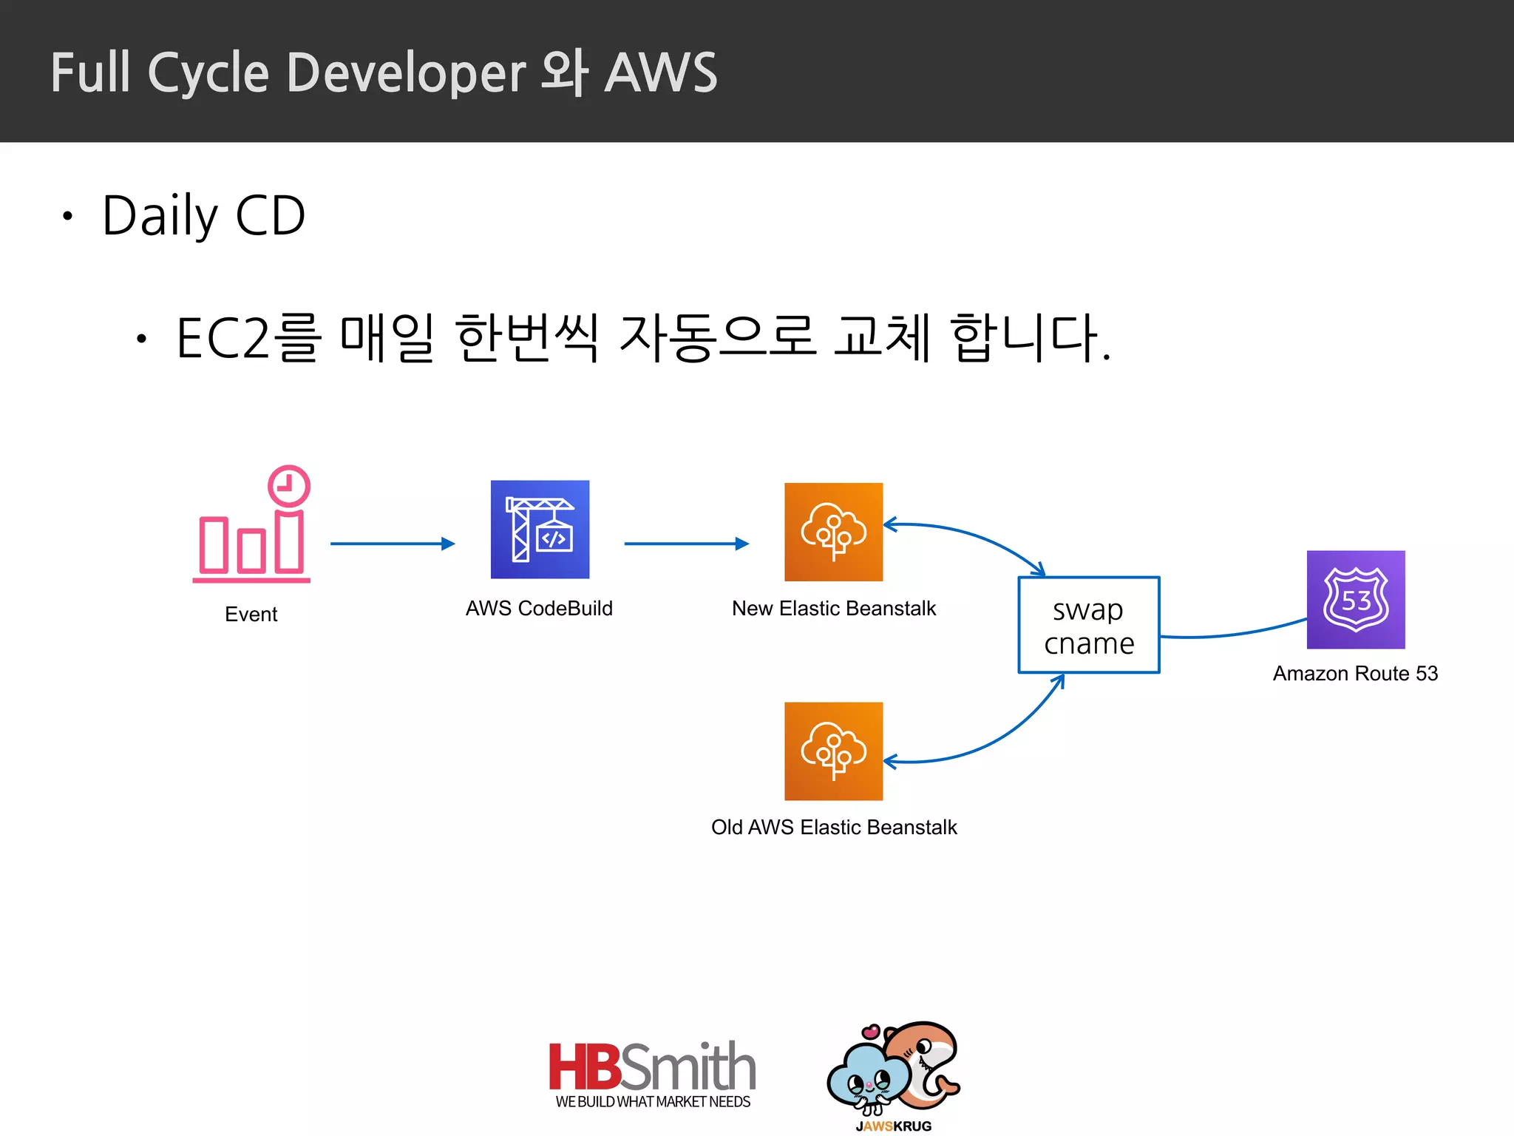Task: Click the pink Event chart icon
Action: tap(251, 544)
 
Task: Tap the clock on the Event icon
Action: tap(288, 486)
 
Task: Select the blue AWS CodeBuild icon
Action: tap(540, 530)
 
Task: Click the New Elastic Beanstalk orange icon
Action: tap(833, 532)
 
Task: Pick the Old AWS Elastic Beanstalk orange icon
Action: tap(833, 751)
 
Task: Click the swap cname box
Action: tap(1088, 625)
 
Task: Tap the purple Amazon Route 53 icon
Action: tap(1355, 600)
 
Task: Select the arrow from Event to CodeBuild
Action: tap(392, 544)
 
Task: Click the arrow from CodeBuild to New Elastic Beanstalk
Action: tap(686, 544)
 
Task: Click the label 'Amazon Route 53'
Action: tap(1355, 674)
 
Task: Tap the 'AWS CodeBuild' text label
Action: tap(539, 608)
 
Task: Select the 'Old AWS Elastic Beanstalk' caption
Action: tap(833, 827)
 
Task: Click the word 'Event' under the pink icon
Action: tap(251, 614)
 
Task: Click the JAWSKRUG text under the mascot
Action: tap(893, 1126)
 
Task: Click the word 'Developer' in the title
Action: tap(406, 73)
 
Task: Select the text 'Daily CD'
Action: tap(203, 215)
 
